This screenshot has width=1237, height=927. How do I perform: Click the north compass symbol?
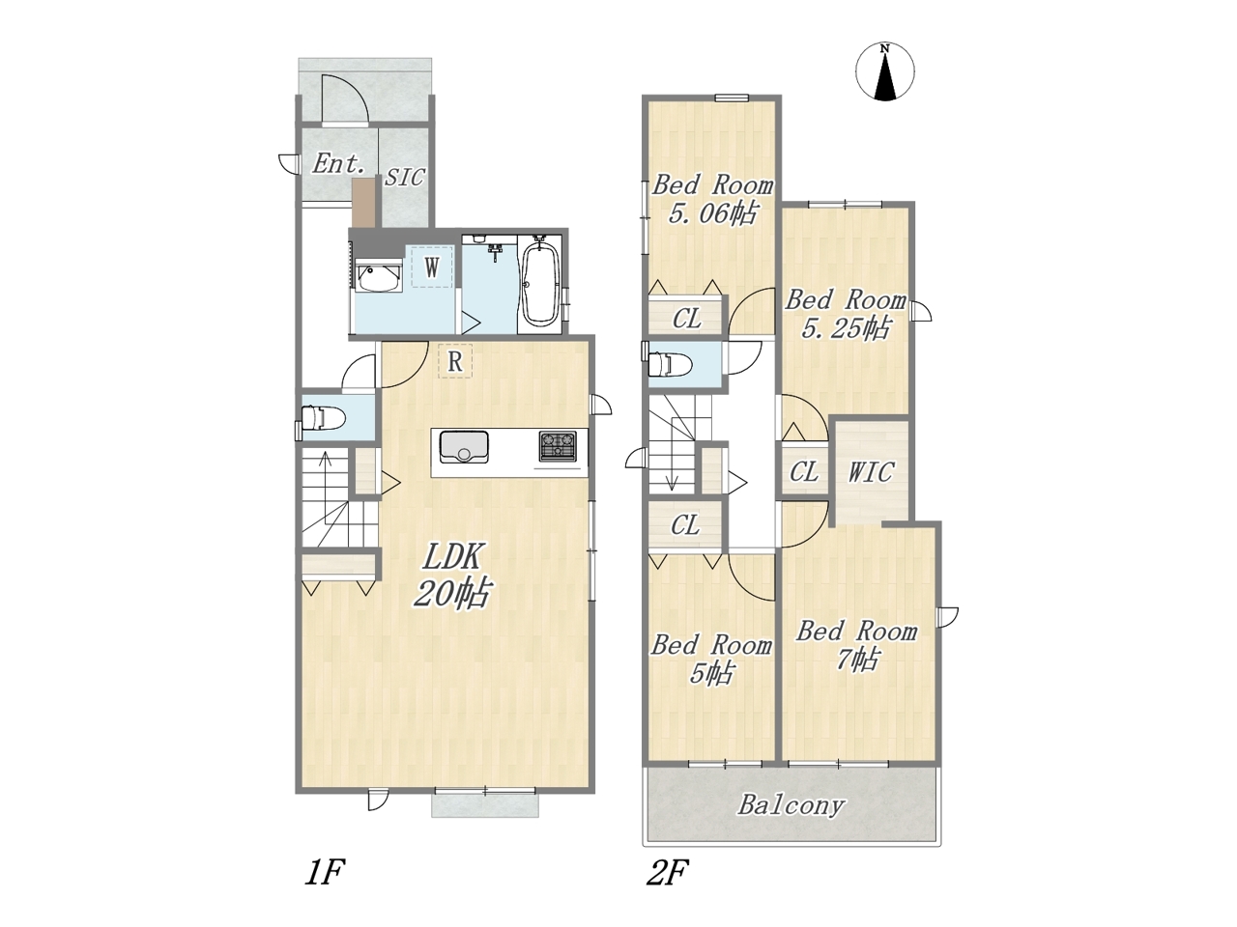click(x=884, y=72)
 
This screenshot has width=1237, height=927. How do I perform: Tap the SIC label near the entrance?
click(x=404, y=178)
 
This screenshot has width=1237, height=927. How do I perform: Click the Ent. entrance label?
click(x=336, y=164)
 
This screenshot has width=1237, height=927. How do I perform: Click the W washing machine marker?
click(x=432, y=267)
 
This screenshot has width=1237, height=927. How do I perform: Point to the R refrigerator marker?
click(x=455, y=361)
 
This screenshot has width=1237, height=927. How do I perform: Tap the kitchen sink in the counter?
click(x=464, y=447)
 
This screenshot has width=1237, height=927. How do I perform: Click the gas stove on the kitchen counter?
click(x=558, y=446)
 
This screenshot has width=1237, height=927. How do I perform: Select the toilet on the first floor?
click(x=322, y=419)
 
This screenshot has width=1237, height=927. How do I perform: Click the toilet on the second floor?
click(x=670, y=364)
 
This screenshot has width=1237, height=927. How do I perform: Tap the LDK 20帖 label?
click(x=452, y=576)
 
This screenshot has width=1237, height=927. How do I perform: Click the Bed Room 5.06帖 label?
click(x=712, y=200)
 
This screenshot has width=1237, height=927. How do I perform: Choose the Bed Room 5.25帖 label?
click(x=846, y=314)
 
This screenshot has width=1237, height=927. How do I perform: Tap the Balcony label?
click(x=791, y=805)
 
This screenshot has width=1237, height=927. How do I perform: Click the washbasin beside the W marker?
click(x=378, y=277)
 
